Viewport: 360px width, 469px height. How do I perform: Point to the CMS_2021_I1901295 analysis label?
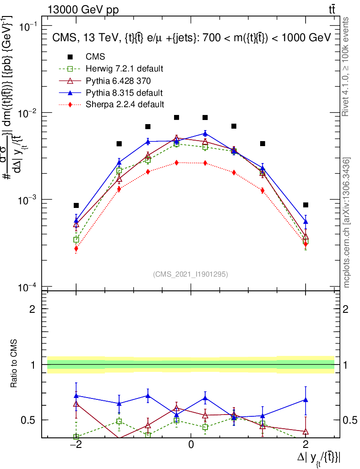click(x=191, y=274)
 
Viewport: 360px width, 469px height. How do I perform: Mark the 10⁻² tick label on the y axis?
click(x=28, y=113)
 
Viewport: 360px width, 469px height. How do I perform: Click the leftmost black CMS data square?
click(x=76, y=205)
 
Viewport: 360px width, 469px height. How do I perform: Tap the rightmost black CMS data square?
click(x=305, y=205)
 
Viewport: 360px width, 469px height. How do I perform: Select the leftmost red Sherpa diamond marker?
click(x=76, y=249)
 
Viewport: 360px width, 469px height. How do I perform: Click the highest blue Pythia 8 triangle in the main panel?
click(x=205, y=133)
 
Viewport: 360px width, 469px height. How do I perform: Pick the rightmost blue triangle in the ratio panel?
click(x=305, y=400)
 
